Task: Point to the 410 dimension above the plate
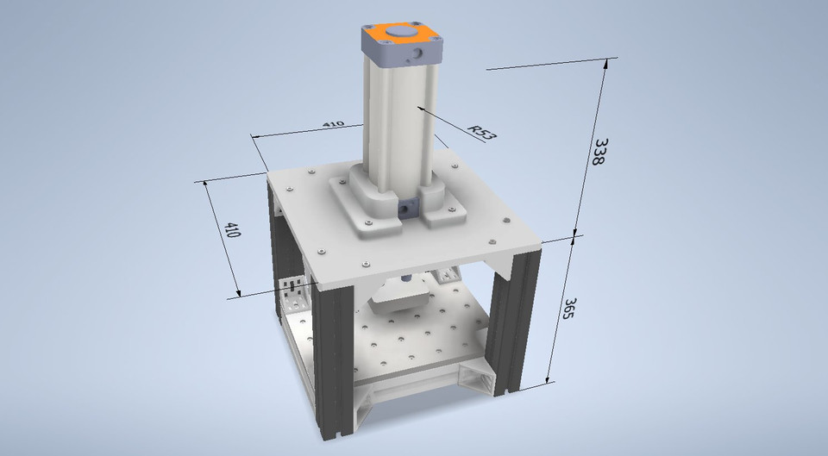coord(333,124)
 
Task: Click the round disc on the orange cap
coord(399,33)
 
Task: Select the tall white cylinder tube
coord(397,121)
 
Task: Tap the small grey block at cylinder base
coord(406,209)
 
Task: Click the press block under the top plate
coord(398,301)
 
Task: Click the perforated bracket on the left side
coord(291,294)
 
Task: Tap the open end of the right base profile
coord(477,378)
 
